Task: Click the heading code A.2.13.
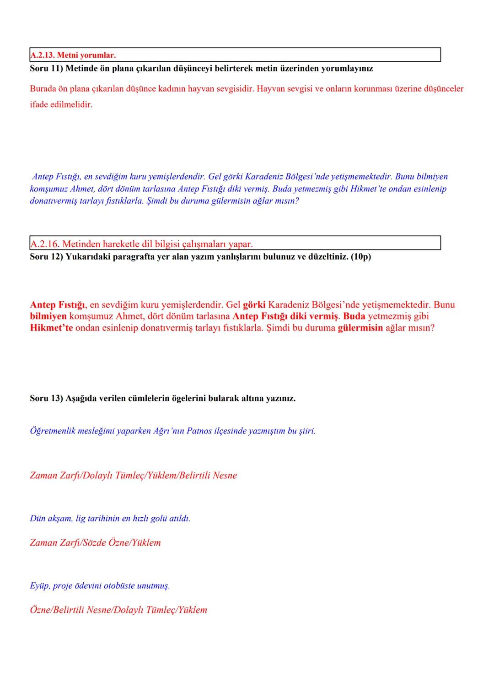pyautogui.click(x=42, y=55)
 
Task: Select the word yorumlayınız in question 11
pyautogui.click(x=349, y=69)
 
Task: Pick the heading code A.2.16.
pyautogui.click(x=44, y=244)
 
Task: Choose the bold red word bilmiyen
pyautogui.click(x=48, y=316)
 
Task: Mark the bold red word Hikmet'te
pyautogui.click(x=51, y=328)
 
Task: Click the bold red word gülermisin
pyautogui.click(x=360, y=328)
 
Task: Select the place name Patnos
pyautogui.click(x=199, y=431)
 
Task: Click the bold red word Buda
pyautogui.click(x=354, y=316)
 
